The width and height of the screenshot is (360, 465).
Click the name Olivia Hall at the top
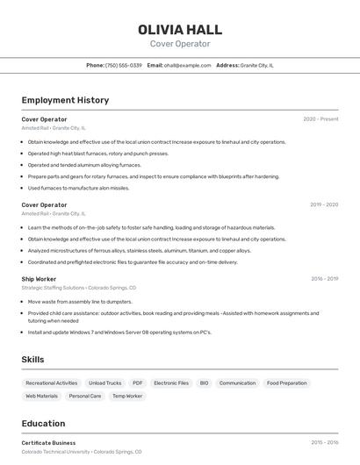(180, 30)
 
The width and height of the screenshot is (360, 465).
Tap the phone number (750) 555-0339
(123, 66)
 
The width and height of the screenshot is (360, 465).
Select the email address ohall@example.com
(187, 66)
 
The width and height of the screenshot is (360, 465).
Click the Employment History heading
(65, 100)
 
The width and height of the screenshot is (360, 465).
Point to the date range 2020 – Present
(320, 119)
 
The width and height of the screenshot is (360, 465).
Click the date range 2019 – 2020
(324, 205)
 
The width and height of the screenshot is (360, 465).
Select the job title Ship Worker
(39, 279)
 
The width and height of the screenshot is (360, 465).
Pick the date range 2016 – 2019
(324, 279)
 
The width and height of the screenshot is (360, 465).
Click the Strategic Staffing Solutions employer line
(78, 288)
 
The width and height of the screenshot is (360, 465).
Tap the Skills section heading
(32, 360)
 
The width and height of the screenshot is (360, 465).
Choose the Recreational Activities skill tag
(51, 383)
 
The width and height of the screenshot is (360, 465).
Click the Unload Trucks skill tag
(104, 383)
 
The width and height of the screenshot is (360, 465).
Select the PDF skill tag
(137, 383)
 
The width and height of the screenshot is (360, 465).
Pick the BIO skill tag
(204, 383)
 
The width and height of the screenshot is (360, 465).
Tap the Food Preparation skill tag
(287, 383)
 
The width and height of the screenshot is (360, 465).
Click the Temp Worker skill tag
(127, 397)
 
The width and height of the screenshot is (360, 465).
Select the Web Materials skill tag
(41, 397)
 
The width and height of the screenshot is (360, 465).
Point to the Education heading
(43, 423)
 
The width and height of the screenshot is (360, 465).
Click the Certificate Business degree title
(48, 443)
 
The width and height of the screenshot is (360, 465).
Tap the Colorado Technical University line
(81, 452)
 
